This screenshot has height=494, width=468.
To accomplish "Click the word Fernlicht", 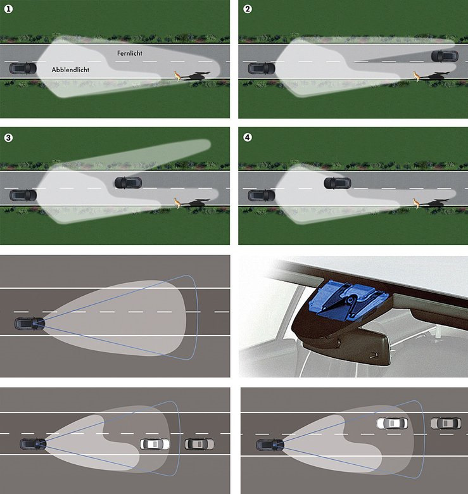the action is point(129,53).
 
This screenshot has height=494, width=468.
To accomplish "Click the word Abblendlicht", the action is point(70,70).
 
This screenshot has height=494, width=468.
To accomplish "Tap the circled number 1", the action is point(8,9).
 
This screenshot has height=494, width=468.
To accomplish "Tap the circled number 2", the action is point(248,9).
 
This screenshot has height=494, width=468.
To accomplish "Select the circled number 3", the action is point(8,137).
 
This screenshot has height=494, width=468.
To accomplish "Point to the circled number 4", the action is point(248,137).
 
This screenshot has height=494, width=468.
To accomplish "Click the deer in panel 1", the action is point(179,76).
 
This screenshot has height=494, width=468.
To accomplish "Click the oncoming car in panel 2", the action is point(445,56).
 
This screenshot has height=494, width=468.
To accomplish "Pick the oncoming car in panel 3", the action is point(128,183).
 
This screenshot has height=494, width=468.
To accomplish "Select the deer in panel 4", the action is point(417,203).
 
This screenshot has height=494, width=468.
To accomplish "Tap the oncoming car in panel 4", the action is point(338,183).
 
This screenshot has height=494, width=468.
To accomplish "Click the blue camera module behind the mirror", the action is point(348,299).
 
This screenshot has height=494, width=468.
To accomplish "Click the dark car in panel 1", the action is point(23,68).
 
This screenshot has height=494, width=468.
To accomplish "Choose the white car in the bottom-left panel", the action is point(155,444).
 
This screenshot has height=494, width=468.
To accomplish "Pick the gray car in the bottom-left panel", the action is point(199,444).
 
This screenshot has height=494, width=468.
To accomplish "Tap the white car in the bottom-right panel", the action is point(392,423).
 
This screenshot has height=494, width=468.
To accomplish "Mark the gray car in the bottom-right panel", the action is point(446,423).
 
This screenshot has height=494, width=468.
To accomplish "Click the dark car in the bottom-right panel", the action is point(270,445).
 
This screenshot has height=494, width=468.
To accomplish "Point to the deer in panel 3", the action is point(178,203).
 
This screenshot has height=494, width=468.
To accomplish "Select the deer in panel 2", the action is point(417,77).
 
